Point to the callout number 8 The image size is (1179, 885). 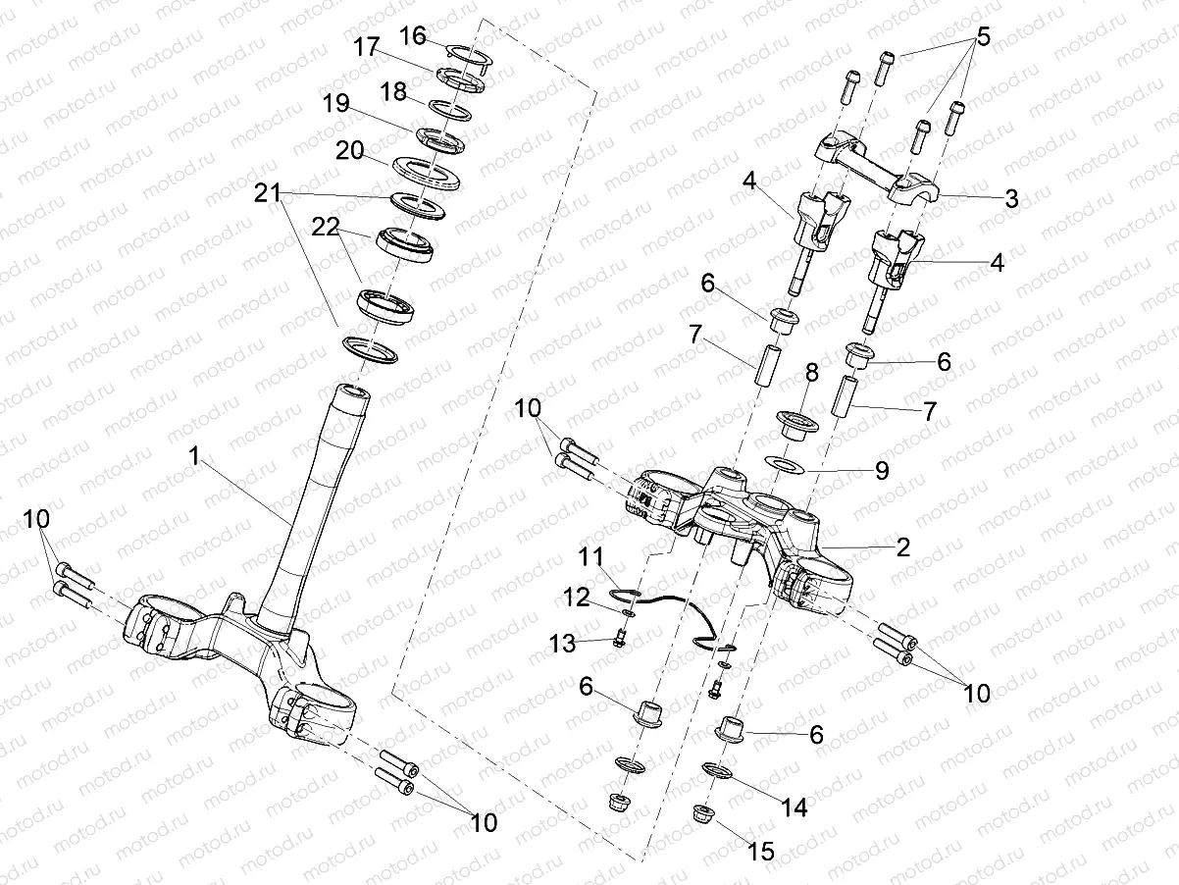(810, 374)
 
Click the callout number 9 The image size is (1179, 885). (881, 471)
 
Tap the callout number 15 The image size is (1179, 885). (762, 852)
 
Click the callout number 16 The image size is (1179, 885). (413, 36)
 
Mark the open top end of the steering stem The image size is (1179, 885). (353, 393)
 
